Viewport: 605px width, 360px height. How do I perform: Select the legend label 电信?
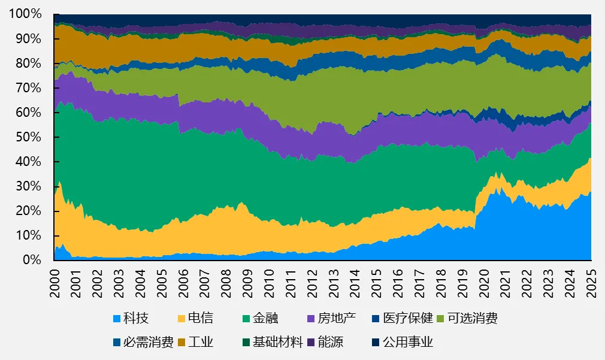tap(201, 318)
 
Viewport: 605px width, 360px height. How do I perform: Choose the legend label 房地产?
tap(336, 318)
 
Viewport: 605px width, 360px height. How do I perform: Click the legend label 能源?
tap(330, 343)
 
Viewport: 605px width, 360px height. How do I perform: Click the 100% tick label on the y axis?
tap(25, 14)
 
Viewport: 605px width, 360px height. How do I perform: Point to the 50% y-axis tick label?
tap(28, 137)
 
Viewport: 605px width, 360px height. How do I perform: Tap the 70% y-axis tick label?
tap(28, 88)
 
